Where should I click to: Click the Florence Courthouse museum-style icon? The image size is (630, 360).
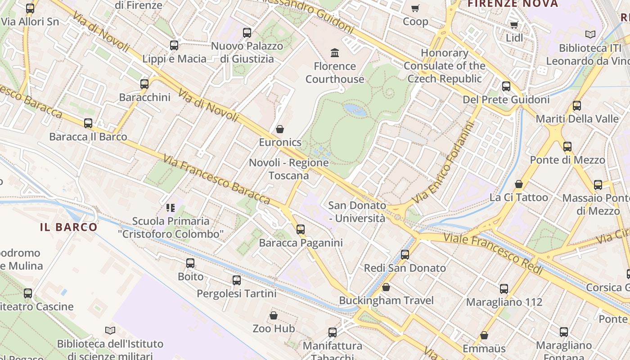335,53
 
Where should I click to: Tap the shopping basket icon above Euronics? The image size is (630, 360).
280,130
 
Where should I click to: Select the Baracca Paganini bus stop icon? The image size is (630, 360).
301,229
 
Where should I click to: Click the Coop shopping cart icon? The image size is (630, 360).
415,8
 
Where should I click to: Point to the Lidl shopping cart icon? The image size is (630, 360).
514,25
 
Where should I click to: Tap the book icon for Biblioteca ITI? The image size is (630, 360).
590,34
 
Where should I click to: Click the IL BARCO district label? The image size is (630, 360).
69,227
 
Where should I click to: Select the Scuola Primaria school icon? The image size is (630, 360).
170,208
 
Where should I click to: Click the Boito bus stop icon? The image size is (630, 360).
190,263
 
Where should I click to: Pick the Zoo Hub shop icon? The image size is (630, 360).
273,315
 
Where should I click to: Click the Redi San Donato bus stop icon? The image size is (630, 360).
405,255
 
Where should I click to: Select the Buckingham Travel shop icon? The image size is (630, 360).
386,287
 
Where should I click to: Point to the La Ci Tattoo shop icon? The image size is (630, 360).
519,184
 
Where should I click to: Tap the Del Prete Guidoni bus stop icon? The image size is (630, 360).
506,86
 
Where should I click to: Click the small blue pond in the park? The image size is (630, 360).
355,109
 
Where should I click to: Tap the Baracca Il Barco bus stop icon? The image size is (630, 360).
88,123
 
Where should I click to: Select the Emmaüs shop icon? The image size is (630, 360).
484,335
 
